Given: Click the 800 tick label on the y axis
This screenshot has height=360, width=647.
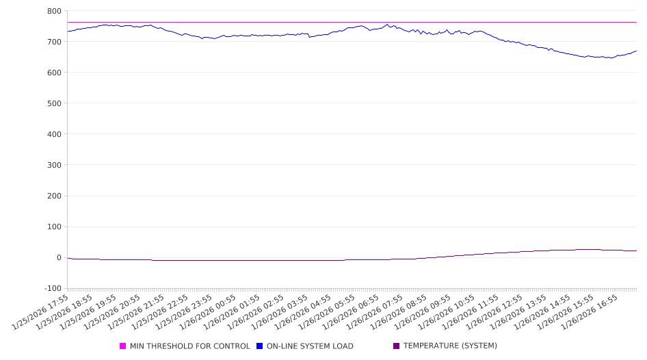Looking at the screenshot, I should click(54, 11).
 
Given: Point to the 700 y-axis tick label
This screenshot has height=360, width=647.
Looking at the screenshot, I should click(54, 42).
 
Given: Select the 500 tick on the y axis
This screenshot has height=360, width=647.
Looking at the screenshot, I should click(54, 103).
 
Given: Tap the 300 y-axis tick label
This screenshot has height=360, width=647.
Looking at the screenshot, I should click(54, 165).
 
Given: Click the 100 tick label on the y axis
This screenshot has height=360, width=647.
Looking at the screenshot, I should click(54, 227).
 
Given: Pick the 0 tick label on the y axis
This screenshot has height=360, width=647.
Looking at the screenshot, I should click(59, 257).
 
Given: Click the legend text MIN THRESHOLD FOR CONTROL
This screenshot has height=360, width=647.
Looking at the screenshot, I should click(189, 346).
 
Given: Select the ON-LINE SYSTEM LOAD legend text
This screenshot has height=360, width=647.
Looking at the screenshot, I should click(310, 346).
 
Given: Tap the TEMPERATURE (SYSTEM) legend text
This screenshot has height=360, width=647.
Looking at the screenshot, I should click(450, 346).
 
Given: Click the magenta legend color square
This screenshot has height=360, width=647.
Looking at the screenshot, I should click(123, 346).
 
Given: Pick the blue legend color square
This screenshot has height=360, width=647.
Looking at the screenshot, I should click(260, 346).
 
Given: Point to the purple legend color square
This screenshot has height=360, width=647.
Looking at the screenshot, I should click(396, 346).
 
